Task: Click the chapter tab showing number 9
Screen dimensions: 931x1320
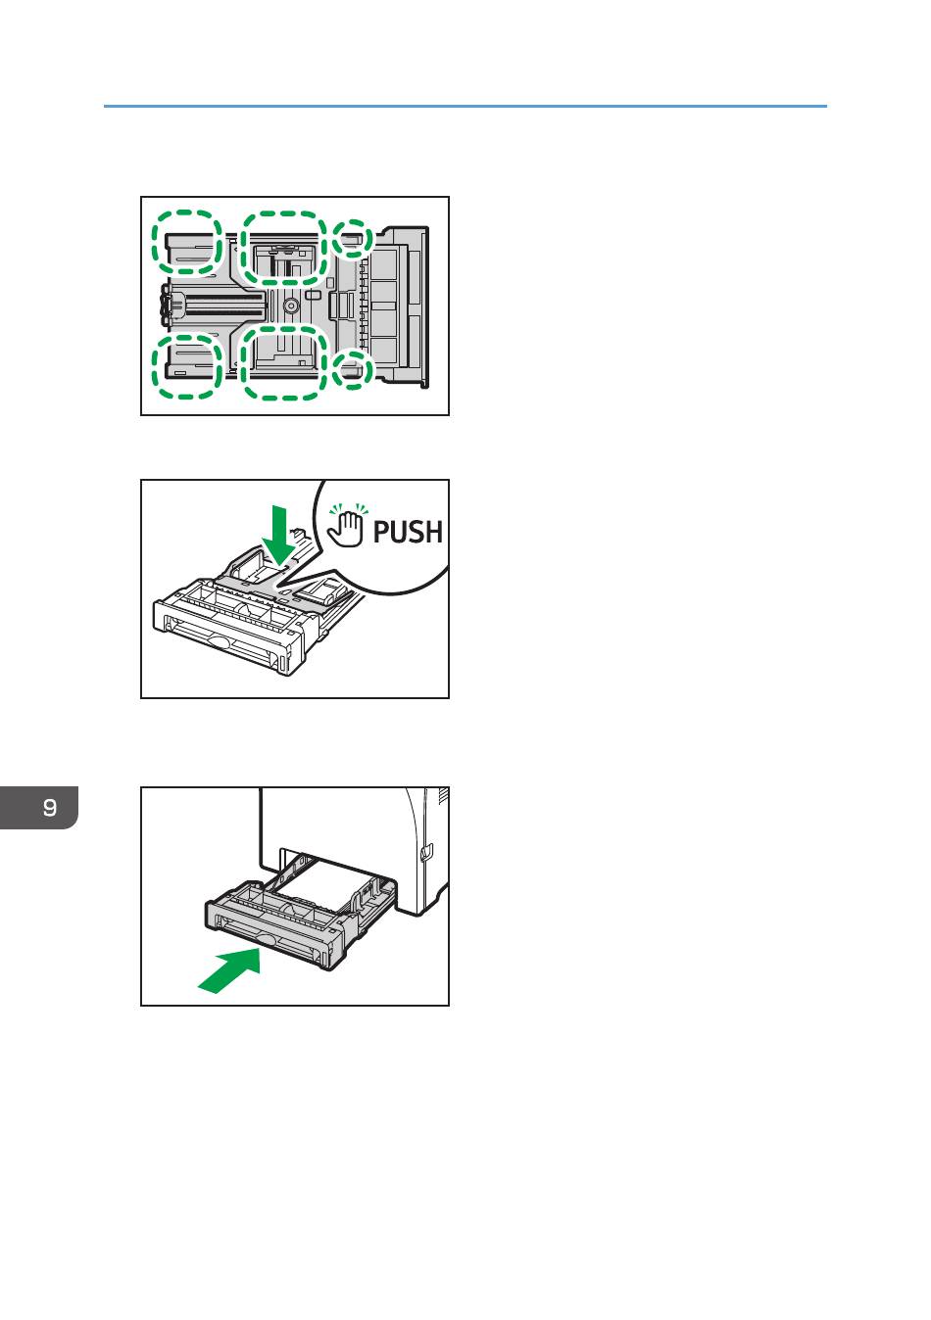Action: pyautogui.click(x=39, y=807)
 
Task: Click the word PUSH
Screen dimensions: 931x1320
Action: pyautogui.click(x=408, y=531)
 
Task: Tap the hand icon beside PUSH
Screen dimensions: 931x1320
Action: pyautogui.click(x=347, y=525)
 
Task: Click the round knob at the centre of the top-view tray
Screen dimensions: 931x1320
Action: pyautogui.click(x=291, y=305)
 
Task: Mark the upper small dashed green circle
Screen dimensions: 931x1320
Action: pyautogui.click(x=352, y=239)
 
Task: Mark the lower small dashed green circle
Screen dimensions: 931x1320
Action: pyautogui.click(x=352, y=369)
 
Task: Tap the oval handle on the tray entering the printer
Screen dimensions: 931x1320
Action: pyautogui.click(x=260, y=939)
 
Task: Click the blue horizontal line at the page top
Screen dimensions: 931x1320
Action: pyautogui.click(x=465, y=106)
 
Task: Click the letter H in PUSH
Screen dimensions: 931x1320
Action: pyautogui.click(x=433, y=531)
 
